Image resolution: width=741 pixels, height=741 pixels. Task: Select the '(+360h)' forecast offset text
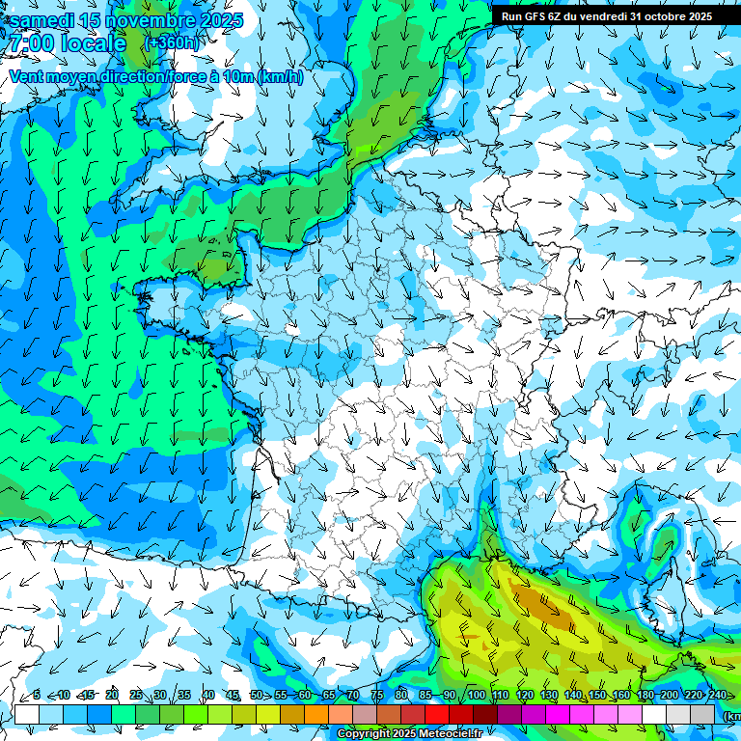[173, 43]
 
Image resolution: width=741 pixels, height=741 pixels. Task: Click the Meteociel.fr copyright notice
[409, 734]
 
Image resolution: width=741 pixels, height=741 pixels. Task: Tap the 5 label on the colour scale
[37, 696]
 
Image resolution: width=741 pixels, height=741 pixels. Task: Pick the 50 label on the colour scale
[256, 696]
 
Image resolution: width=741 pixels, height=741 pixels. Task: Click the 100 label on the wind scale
[476, 696]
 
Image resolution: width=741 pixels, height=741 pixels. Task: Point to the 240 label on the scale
[717, 696]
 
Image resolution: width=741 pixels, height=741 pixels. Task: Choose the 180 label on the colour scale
[645, 696]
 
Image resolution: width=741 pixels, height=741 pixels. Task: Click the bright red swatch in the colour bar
[436, 714]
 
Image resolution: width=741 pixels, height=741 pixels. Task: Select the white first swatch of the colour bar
[26, 714]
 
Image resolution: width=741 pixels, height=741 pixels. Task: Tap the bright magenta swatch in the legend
[557, 714]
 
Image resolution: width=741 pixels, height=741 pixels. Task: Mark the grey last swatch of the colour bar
[702, 714]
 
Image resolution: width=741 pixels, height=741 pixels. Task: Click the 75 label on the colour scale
[377, 696]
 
